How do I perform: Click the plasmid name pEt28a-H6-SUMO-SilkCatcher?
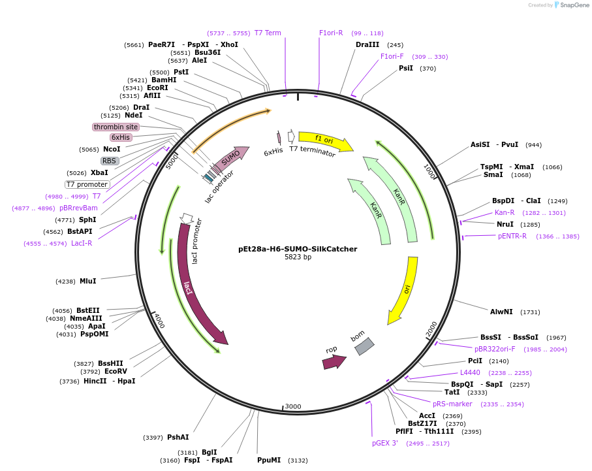[298, 249]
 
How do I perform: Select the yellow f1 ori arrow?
[324, 140]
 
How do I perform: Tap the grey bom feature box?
[364, 346]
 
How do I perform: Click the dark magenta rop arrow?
[334, 362]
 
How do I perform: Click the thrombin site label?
[116, 127]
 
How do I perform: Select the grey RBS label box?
[110, 161]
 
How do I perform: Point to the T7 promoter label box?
[87, 184]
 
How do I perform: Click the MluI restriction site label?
[87, 282]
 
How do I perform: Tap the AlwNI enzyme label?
[501, 312]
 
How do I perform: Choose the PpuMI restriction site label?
[269, 461]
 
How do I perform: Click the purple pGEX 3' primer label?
[385, 443]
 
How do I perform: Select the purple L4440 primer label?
[470, 372]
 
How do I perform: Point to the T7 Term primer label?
[268, 33]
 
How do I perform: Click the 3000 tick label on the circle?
[293, 406]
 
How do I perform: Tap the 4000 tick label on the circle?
[159, 321]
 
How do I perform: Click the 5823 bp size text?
[298, 257]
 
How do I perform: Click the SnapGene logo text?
[574, 5]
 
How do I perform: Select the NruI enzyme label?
[505, 225]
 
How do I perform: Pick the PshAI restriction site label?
[178, 438]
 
